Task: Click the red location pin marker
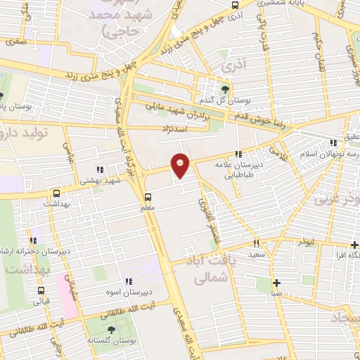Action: pyautogui.click(x=181, y=165)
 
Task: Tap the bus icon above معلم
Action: pyautogui.click(x=148, y=197)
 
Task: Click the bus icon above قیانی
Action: pyautogui.click(x=41, y=290)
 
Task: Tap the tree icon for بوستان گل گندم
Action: pyautogui.click(x=224, y=89)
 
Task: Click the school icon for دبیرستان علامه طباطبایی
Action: pyautogui.click(x=239, y=153)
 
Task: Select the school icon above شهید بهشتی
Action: pyautogui.click(x=98, y=169)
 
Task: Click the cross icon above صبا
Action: pyautogui.click(x=277, y=283)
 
